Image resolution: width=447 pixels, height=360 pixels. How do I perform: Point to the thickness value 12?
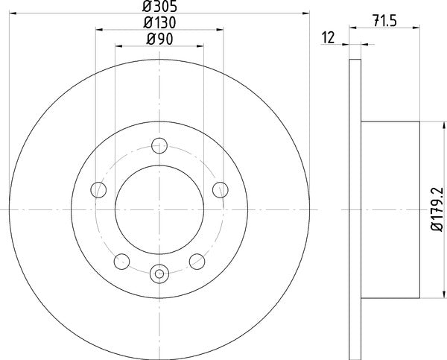[x=327, y=38]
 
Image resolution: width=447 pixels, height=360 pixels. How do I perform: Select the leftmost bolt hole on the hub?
[x=97, y=189]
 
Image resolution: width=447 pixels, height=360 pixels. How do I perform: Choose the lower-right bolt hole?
[x=196, y=261]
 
